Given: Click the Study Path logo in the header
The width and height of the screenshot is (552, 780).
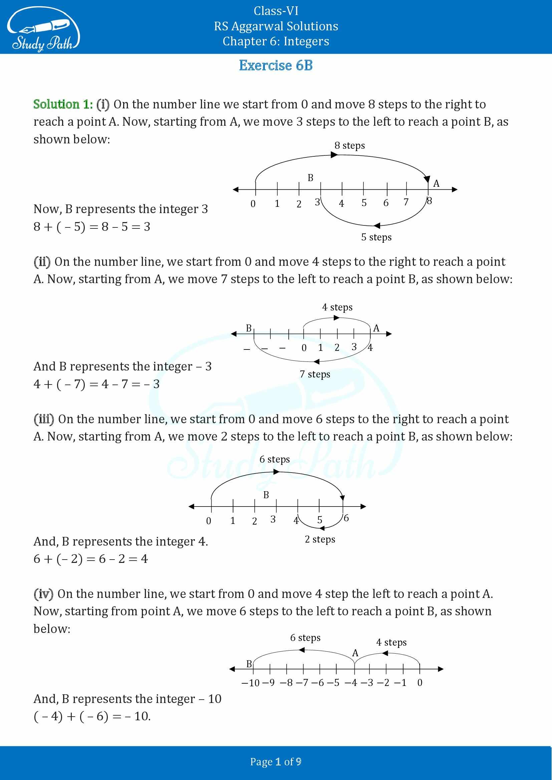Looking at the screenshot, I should coord(43,30).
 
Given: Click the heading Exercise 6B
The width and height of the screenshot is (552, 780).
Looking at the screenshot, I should coord(276,65).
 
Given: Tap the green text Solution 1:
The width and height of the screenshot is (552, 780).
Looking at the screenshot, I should coord(63,104).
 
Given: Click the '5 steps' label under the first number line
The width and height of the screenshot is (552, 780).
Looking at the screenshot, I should coord(376,237).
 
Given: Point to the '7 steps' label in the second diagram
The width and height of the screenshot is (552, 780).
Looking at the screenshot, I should coord(315,374).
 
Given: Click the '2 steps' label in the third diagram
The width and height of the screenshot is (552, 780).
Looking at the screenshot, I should coord(320,540).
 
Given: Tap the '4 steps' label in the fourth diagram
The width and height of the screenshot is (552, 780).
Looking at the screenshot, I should coord(391,642).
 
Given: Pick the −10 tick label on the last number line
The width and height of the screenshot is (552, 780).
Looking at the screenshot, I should coord(250,683).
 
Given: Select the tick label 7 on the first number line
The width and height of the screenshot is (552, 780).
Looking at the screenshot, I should coord(406,202).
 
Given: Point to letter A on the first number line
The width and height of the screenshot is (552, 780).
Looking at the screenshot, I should coord(437,184).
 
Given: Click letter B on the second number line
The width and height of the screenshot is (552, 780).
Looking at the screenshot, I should coord(249,328).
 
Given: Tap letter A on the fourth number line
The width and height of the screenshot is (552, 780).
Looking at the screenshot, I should coord(355,653).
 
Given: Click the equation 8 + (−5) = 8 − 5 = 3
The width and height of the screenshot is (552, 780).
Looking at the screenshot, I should coord(92,226).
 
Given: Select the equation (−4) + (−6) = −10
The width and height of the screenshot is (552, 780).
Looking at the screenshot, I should coord(92,716).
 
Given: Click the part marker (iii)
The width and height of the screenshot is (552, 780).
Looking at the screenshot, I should coord(44,419).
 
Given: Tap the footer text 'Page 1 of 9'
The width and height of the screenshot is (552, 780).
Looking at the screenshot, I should coord(276,762).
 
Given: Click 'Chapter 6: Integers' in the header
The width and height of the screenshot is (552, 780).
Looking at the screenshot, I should coord(276,41).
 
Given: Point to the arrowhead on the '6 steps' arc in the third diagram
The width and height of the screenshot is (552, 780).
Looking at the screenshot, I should coord(277,472).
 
